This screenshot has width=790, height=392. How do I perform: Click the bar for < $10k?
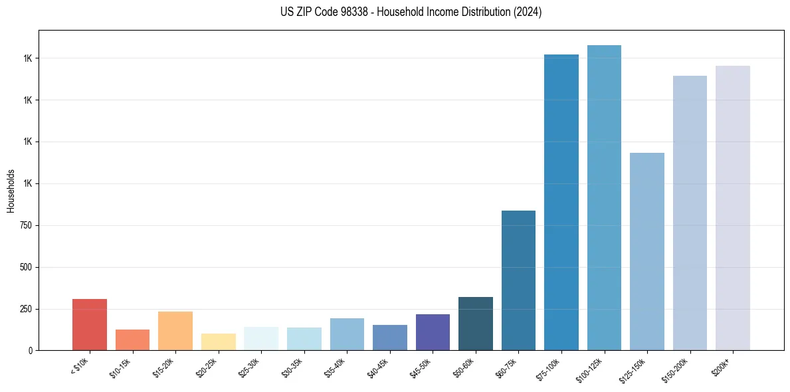pos(90,325)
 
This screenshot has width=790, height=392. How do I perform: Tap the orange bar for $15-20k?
pos(175,331)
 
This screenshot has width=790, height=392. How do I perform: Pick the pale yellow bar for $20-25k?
pos(218,342)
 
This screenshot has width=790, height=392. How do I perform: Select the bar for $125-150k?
pos(647,252)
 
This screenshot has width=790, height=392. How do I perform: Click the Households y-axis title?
pos(11,190)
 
